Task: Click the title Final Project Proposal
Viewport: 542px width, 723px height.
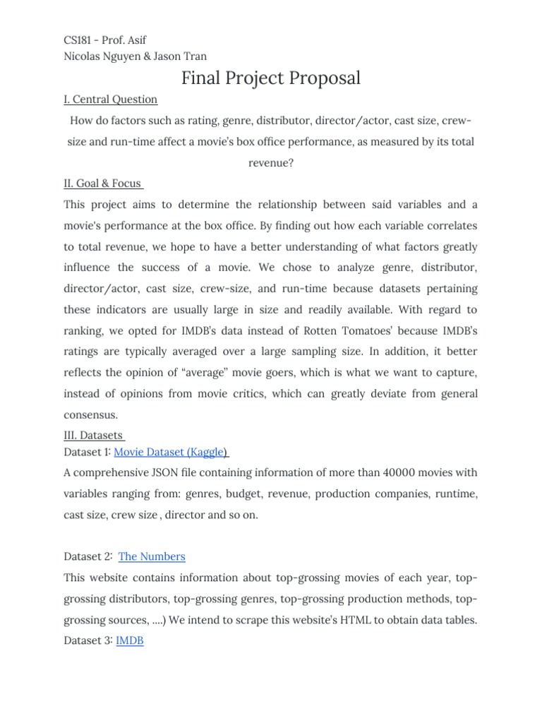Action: (x=271, y=78)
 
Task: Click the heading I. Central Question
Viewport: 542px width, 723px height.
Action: (x=111, y=99)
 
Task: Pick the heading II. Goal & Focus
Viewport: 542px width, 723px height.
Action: (x=103, y=184)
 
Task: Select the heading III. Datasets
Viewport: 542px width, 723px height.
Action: (x=94, y=435)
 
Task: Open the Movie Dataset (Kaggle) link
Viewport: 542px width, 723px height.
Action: (x=171, y=452)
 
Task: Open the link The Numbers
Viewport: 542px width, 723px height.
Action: (x=152, y=556)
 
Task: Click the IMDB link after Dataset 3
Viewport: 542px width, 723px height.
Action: (x=129, y=641)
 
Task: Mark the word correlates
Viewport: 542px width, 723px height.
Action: (x=448, y=226)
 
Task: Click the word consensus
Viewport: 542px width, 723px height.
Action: (x=90, y=414)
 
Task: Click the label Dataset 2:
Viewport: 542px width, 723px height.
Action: (x=88, y=556)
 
